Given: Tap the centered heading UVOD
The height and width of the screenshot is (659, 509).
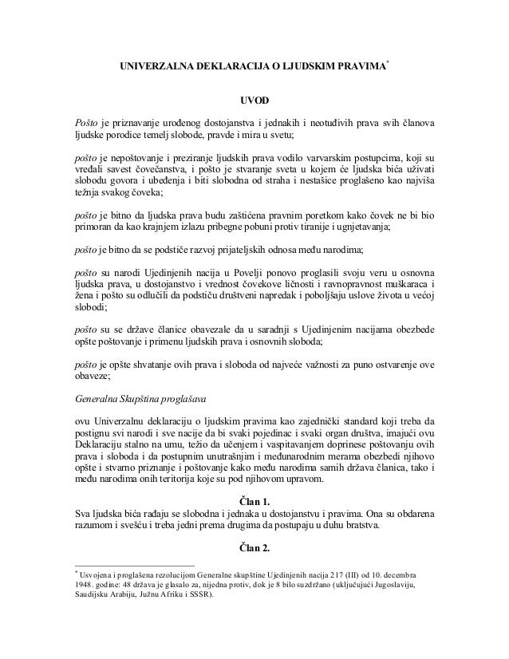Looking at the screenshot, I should click(x=254, y=102).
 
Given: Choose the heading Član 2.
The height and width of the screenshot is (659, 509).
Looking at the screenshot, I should click(x=254, y=547).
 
